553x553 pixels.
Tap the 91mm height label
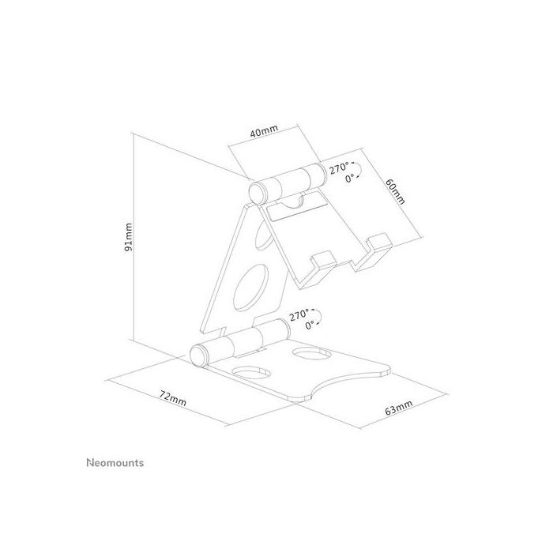click(x=129, y=237)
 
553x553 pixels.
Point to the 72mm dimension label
click(x=173, y=397)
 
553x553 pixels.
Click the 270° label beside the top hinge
click(x=340, y=167)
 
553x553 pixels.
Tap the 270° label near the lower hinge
click(x=299, y=314)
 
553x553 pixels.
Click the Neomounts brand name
click(x=114, y=463)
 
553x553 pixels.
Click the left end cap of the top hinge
click(x=256, y=191)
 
